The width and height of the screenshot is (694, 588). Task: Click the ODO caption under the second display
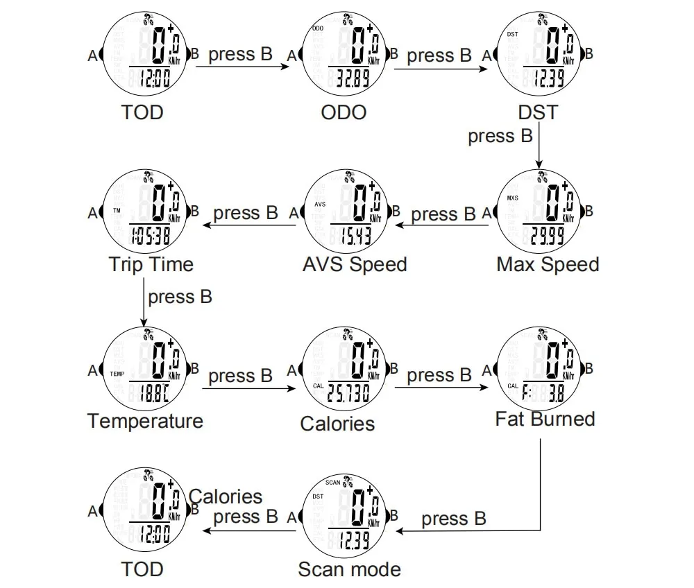(344, 112)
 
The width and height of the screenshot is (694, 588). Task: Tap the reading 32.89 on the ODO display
(352, 78)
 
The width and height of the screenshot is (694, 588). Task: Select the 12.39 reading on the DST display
(549, 78)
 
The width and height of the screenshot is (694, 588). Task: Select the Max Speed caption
(548, 264)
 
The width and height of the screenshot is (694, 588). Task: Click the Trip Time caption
(151, 264)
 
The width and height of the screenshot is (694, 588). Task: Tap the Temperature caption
(145, 421)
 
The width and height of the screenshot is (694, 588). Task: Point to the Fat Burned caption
(545, 419)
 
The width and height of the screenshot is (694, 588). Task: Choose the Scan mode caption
(349, 569)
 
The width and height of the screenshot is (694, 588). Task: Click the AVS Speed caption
(355, 264)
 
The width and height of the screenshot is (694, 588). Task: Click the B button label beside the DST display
(589, 54)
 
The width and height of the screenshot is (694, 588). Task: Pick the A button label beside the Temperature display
(93, 370)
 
